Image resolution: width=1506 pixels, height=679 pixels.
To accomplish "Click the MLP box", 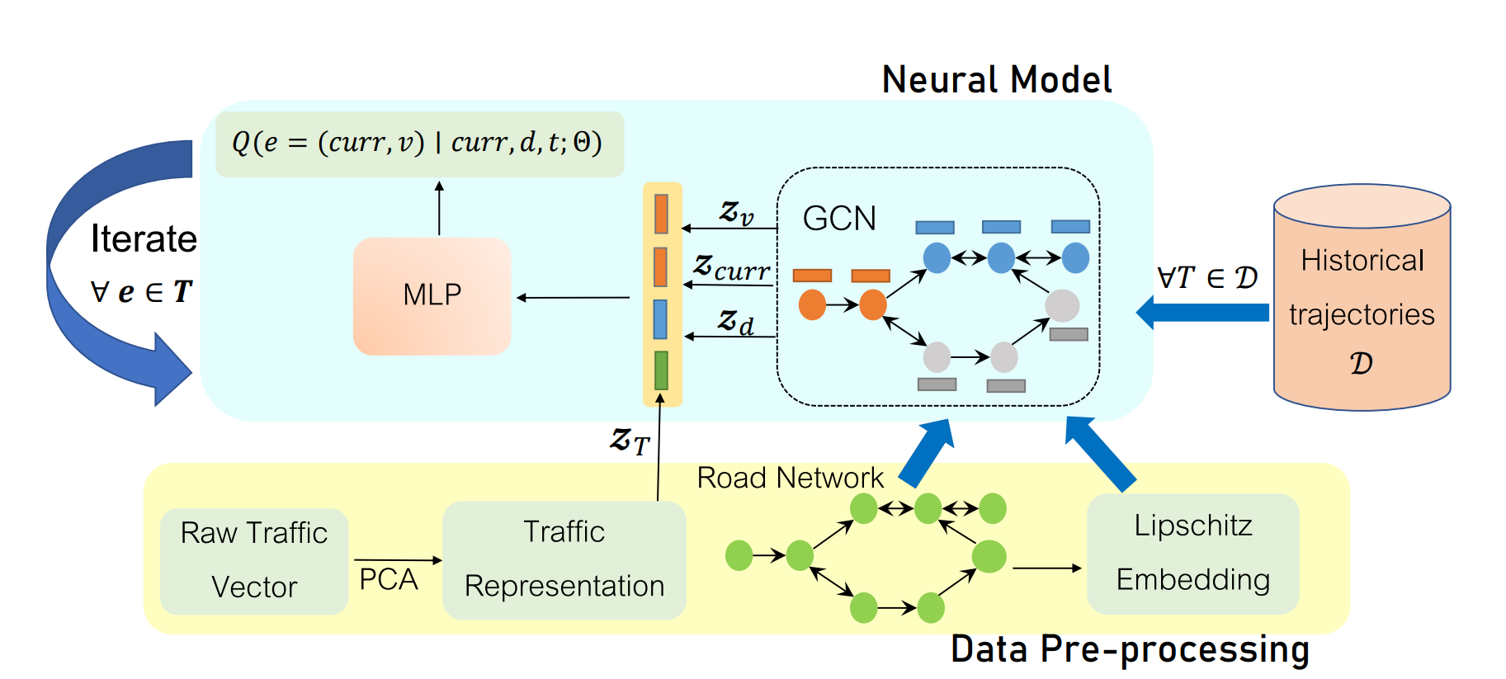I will pos(432,296).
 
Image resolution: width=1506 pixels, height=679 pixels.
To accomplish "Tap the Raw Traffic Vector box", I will pos(254,560).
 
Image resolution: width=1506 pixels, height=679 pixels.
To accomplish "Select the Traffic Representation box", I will pos(564,559).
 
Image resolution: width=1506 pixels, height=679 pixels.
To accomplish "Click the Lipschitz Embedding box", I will pos(1192,553).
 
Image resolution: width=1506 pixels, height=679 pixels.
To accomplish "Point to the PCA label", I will pos(389,579).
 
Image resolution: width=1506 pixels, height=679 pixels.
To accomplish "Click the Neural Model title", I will pos(997,80).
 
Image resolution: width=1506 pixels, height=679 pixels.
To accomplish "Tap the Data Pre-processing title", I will pos(1130,649).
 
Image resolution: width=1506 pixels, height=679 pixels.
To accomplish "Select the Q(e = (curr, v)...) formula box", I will pos(419,144).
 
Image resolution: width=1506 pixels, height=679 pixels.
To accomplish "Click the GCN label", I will pos(839,219).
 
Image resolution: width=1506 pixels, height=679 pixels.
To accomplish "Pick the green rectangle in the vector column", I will pos(661,370).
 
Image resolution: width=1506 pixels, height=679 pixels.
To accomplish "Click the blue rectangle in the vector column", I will pos(660,319).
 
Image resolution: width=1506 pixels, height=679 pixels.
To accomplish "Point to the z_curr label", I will pos(731,268).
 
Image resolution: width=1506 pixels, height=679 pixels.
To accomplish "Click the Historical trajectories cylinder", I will pos(1362,305).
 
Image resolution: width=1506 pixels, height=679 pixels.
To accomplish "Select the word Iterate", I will pos(144,239).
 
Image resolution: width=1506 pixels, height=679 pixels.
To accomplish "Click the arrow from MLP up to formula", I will pos(439,209).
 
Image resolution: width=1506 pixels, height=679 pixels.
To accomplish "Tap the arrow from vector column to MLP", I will pos(573,297).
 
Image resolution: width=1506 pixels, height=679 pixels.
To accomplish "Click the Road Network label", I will pos(790,478).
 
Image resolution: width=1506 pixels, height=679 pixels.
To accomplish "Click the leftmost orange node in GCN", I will pos(812,304).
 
